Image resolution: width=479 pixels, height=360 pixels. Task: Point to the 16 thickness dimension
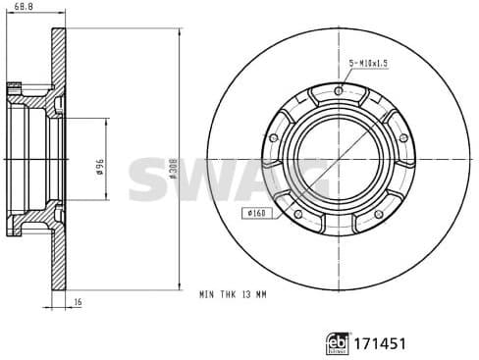click(x=78, y=304)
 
